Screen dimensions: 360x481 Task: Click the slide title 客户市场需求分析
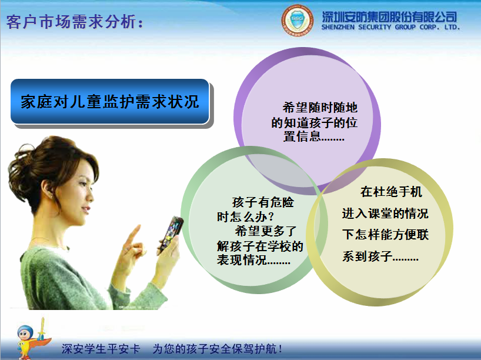(x=75, y=22)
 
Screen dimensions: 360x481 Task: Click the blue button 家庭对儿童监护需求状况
(x=110, y=101)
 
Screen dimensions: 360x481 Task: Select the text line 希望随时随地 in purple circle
(x=320, y=108)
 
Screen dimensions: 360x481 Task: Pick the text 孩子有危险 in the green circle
(x=263, y=201)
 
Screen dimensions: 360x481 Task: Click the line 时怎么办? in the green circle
(x=245, y=216)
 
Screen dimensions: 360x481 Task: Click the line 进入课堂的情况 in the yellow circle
(x=385, y=214)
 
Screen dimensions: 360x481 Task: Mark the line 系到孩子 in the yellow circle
(x=380, y=257)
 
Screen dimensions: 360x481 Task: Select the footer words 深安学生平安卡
(x=101, y=348)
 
